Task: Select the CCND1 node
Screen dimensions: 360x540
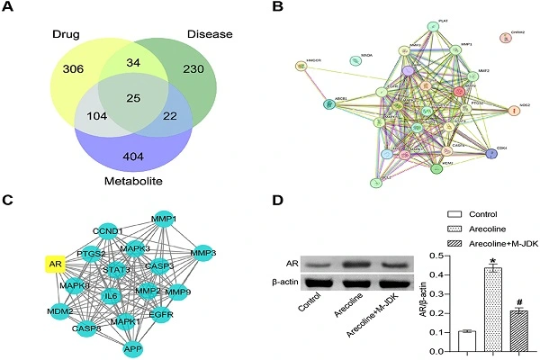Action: pyautogui.click(x=106, y=231)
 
